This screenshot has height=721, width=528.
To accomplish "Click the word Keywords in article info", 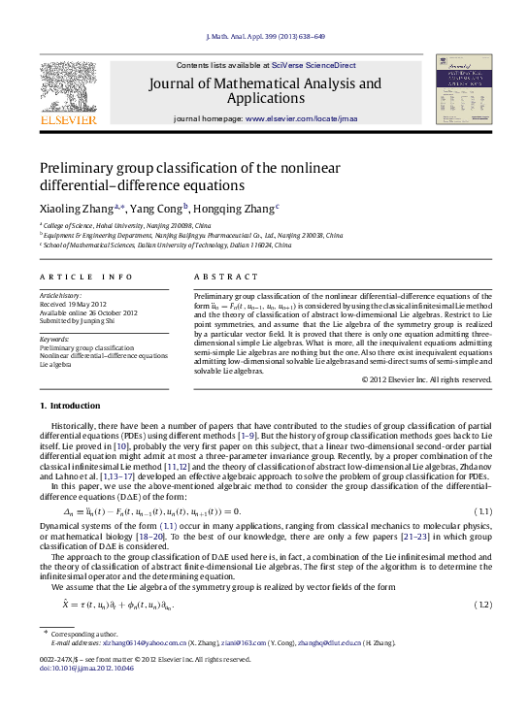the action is (54, 339).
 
